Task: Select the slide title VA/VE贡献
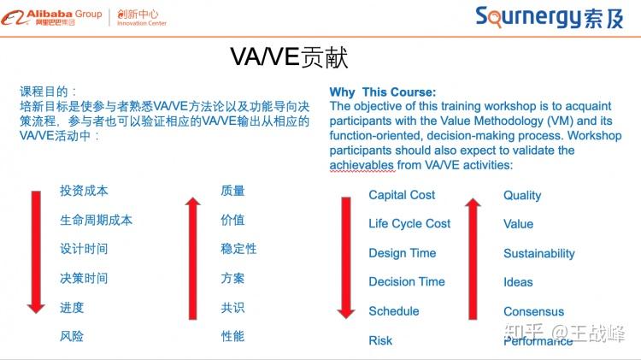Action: (288, 57)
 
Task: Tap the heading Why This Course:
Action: (382, 92)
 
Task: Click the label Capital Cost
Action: (402, 195)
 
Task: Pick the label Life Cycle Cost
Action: (409, 224)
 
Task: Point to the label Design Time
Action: (402, 253)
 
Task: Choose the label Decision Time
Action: (406, 282)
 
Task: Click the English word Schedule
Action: (393, 311)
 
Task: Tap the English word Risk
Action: (380, 340)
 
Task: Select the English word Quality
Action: (522, 195)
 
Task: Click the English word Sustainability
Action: (538, 253)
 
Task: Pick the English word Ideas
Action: (518, 282)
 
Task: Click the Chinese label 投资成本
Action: (84, 191)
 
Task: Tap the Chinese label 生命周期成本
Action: (96, 220)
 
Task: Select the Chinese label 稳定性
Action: (238, 249)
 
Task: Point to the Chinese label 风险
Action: (72, 336)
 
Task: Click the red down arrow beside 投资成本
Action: (35, 251)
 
